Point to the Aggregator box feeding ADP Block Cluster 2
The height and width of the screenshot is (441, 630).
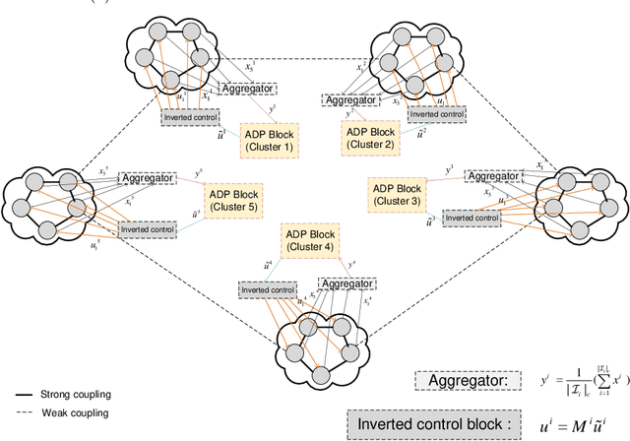(350, 100)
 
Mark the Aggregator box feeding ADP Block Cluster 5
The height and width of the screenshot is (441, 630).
(150, 178)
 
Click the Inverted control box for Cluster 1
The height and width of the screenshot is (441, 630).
(191, 117)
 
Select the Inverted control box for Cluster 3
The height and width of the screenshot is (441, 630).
(471, 217)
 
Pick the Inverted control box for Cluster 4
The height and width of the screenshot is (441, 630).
(267, 289)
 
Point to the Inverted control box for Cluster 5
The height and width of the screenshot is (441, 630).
(149, 228)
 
